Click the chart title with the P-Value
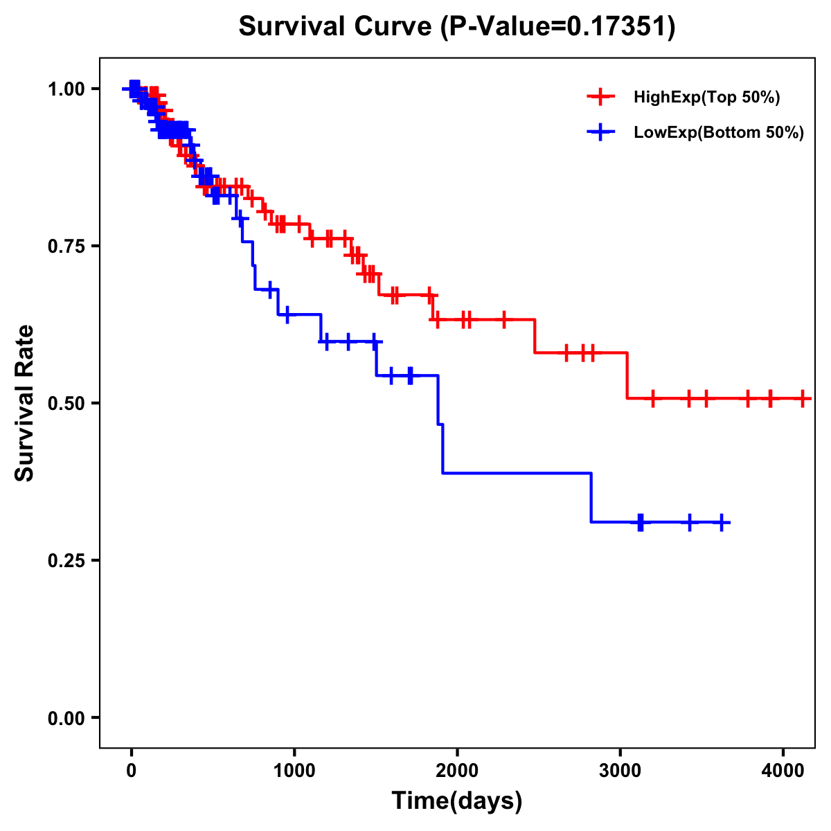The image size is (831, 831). tap(456, 27)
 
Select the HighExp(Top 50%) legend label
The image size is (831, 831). tap(706, 98)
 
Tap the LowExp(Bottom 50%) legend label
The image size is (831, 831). tap(719, 133)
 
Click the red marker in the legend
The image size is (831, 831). tap(601, 97)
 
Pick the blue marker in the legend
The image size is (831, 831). tap(601, 132)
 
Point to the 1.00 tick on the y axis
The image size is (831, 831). tap(66, 89)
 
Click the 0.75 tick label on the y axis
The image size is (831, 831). tap(66, 246)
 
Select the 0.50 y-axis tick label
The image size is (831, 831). tap(66, 403)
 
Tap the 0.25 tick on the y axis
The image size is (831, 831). tap(66, 560)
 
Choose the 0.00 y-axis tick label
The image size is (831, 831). tap(66, 717)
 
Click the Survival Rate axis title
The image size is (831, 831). tap(25, 403)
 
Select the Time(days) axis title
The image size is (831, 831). tap(457, 801)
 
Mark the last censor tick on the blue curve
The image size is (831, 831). tap(722, 522)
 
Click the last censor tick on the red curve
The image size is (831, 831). tap(803, 398)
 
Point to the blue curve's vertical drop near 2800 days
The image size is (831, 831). tap(591, 497)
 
